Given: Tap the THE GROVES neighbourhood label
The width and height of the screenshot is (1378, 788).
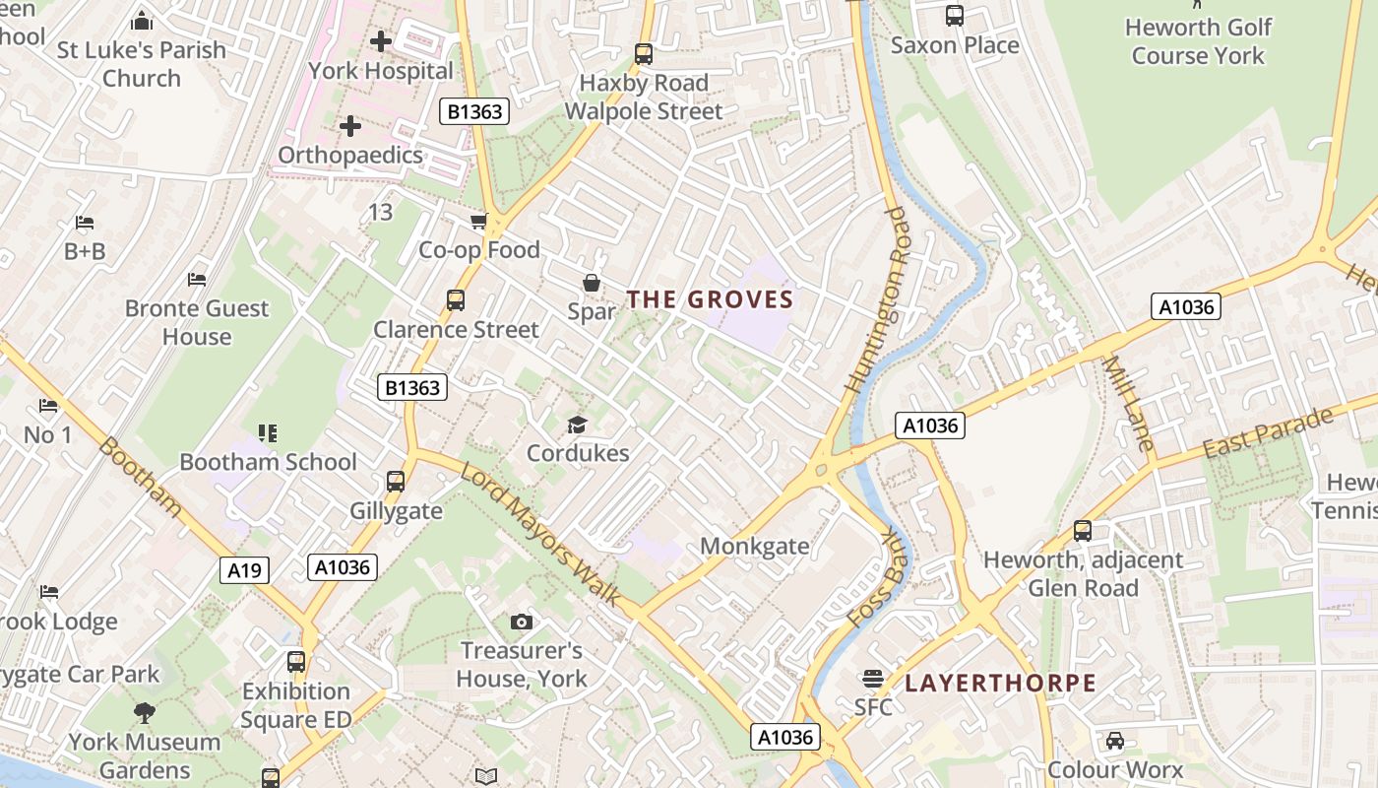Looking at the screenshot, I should pos(710,299).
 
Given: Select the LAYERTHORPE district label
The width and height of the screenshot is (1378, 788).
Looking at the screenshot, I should pos(1000,684).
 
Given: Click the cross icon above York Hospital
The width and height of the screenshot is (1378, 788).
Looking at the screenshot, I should pos(381,41).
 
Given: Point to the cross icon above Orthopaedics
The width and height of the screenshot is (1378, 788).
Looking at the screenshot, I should pos(349,126).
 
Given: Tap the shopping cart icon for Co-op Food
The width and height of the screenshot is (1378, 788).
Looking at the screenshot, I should pos(479,222).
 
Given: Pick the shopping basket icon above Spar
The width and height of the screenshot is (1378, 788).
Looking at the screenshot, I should pos(592,284).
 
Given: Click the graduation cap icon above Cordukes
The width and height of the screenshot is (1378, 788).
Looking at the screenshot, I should pos(577,425).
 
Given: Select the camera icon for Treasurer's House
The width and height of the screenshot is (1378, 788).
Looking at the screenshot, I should pos(522,622).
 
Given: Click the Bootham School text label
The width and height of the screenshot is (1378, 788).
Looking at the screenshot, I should pos(268,462).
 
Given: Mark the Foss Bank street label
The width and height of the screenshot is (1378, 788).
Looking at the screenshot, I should pos(875,578).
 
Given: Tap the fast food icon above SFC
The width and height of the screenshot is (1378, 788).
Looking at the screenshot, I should pos(872,678).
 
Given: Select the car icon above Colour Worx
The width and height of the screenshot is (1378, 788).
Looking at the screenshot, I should pos(1114,740).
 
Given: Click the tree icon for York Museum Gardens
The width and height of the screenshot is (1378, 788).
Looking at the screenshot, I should pos(145,712).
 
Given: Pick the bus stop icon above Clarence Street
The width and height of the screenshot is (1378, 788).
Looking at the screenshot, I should pos(456,300).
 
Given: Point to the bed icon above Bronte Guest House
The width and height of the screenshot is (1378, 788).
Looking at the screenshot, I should pos(197,280).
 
